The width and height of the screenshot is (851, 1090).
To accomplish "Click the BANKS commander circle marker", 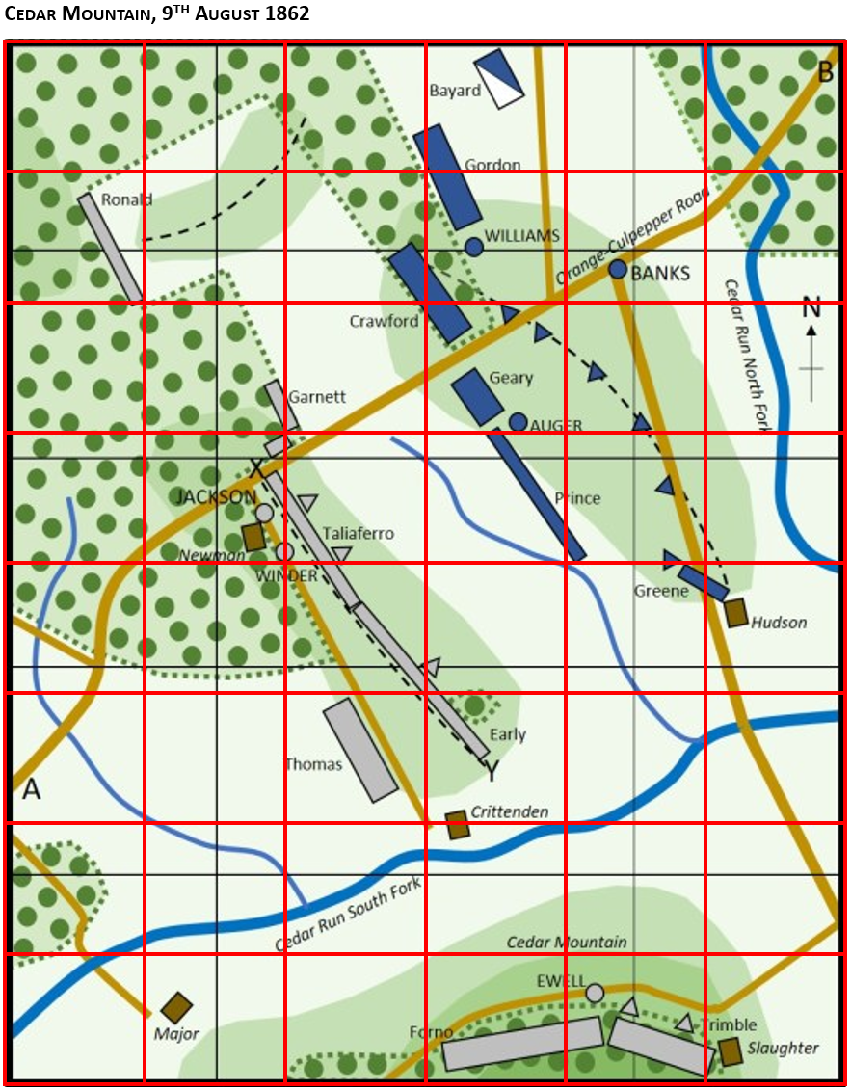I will click(618, 269).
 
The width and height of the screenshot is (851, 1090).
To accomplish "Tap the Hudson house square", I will click(736, 612).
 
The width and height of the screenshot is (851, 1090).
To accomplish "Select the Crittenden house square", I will click(458, 825).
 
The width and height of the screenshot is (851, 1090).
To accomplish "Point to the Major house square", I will click(176, 1008).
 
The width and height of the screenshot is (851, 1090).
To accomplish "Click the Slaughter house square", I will click(730, 1051).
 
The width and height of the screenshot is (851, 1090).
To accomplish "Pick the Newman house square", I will click(253, 537).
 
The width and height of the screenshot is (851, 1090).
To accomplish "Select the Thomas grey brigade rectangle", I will click(360, 750).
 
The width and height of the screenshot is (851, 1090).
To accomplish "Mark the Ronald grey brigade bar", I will click(111, 248).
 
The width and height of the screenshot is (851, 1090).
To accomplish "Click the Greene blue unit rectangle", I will click(703, 583).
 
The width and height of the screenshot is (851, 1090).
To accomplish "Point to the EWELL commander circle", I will click(595, 993).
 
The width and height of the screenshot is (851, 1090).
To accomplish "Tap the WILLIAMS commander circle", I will click(473, 247).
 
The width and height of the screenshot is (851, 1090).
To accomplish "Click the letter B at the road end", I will click(826, 71).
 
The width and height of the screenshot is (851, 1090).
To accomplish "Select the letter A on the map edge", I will click(32, 789).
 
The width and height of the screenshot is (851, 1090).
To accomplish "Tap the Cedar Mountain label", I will click(567, 942).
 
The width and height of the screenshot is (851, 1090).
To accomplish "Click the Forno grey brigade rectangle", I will click(522, 1044).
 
